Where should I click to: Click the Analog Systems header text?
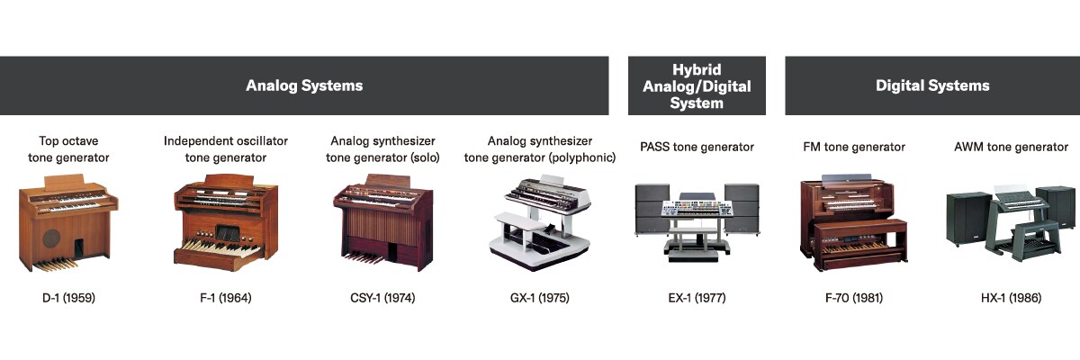pyautogui.click(x=304, y=85)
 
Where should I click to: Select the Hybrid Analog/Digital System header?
pyautogui.click(x=697, y=86)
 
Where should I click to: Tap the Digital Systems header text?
pyautogui.click(x=932, y=85)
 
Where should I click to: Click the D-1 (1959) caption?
pyautogui.click(x=69, y=298)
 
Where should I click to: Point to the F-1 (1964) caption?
pyautogui.click(x=226, y=298)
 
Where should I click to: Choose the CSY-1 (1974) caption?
pyautogui.click(x=382, y=298)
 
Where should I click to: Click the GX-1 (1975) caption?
pyautogui.click(x=539, y=298)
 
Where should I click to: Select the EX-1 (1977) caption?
pyautogui.click(x=697, y=298)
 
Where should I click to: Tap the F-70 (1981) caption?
pyautogui.click(x=854, y=298)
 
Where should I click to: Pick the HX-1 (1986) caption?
pyautogui.click(x=1011, y=298)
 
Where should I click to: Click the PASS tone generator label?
pyautogui.click(x=697, y=147)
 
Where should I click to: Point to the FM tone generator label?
pyautogui.click(x=854, y=147)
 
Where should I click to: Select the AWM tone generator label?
pyautogui.click(x=1011, y=147)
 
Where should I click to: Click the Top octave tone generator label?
pyautogui.click(x=68, y=149)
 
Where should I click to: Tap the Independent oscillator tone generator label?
pyautogui.click(x=226, y=149)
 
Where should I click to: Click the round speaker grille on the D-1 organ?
pyautogui.click(x=51, y=238)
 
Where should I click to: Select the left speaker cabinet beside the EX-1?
pyautogui.click(x=652, y=209)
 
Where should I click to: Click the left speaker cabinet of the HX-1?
pyautogui.click(x=968, y=219)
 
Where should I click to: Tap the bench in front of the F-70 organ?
pyautogui.click(x=859, y=244)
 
